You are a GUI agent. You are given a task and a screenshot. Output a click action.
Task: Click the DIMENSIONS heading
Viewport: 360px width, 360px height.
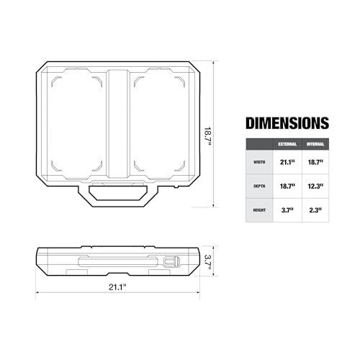tap(287, 123)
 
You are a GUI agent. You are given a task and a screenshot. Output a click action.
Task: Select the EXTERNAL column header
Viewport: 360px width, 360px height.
tap(287, 144)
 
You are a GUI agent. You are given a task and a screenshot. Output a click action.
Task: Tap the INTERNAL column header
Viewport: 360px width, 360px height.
tap(315, 144)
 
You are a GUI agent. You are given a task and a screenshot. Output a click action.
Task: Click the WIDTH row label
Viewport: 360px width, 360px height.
tap(259, 162)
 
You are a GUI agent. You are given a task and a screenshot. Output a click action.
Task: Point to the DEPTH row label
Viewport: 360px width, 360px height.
tap(259, 186)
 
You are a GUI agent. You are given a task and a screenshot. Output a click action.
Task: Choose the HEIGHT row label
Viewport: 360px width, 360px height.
tap(259, 210)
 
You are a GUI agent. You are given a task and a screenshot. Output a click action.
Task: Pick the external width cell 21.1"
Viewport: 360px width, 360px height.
tap(287, 162)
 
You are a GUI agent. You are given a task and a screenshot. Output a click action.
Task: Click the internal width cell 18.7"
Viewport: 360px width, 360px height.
tap(315, 162)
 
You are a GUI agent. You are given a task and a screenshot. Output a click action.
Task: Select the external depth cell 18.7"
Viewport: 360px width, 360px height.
tap(287, 186)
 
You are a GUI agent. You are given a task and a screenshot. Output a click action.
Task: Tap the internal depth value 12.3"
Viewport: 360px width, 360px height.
tap(315, 186)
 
